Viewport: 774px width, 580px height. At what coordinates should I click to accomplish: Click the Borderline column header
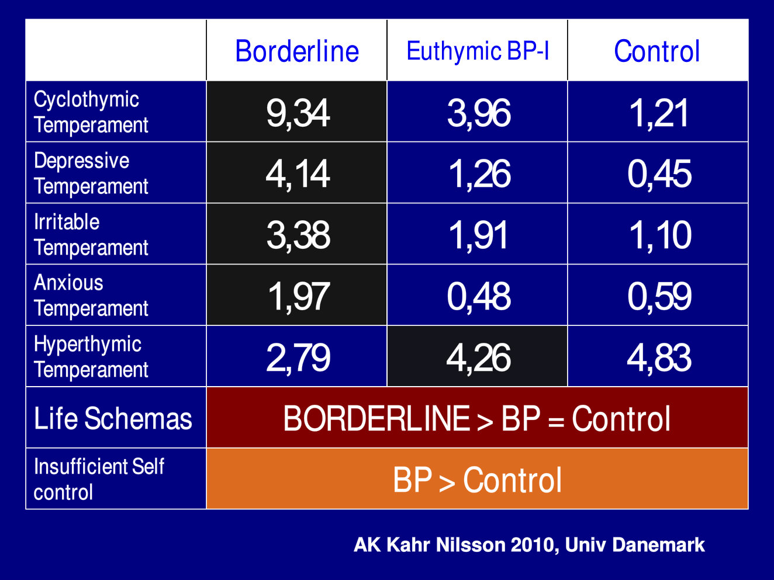(297, 51)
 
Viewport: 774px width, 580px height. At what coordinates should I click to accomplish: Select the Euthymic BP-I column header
(478, 51)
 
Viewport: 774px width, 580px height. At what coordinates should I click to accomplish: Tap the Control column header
(656, 51)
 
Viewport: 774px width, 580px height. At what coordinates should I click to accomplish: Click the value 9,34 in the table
(298, 113)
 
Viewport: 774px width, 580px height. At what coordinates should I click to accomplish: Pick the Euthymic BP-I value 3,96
(479, 113)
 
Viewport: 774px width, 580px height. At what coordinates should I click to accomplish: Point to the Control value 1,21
(658, 113)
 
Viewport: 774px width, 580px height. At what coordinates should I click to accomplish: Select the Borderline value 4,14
(298, 173)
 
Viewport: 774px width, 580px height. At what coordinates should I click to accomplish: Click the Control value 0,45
(659, 173)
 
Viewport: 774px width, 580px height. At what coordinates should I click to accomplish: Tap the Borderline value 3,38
(298, 235)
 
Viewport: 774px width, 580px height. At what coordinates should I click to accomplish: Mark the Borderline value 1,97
(299, 296)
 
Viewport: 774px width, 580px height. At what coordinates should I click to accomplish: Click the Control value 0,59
(659, 296)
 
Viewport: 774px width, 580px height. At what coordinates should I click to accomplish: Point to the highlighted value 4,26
(479, 357)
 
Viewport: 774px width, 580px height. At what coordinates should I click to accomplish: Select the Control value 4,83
(659, 357)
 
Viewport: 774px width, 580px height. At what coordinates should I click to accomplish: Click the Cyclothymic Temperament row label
(91, 112)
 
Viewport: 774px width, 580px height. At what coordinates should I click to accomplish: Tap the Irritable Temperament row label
(91, 235)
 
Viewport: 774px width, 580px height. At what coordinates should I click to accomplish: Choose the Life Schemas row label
(113, 418)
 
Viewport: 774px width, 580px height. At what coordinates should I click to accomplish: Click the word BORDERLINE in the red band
(376, 418)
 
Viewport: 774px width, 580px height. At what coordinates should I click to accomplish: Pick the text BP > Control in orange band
(477, 480)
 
